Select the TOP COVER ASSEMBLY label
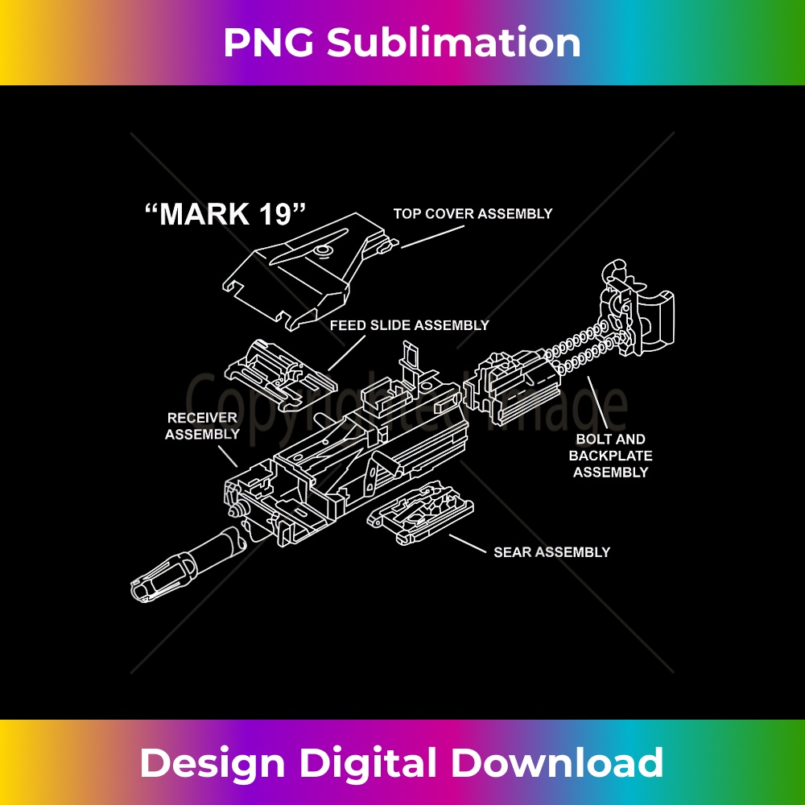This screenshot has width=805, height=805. pos(473,214)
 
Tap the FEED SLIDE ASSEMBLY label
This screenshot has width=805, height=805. pos(409,326)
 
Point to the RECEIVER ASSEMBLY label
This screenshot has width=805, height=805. pos(202,426)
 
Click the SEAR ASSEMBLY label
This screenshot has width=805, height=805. pos(551,552)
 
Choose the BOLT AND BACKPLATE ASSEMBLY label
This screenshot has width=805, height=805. pos(610,456)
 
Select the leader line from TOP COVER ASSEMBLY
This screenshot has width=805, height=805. pos(433,236)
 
